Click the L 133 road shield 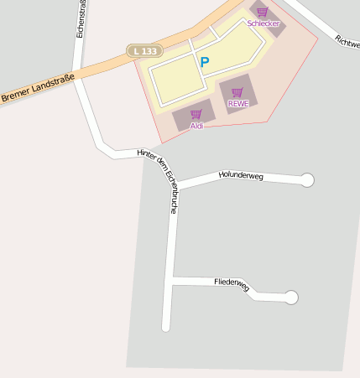click(x=144, y=51)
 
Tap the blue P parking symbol click(x=204, y=61)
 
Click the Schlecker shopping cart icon click(x=262, y=12)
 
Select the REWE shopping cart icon click(x=237, y=92)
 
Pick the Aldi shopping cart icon click(x=196, y=114)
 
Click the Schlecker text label click(x=263, y=23)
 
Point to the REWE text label click(x=238, y=104)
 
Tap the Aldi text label click(x=196, y=126)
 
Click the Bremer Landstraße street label click(x=38, y=89)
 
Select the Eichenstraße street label click(x=81, y=18)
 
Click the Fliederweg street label click(x=232, y=283)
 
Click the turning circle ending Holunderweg click(x=307, y=179)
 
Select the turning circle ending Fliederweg click(x=291, y=297)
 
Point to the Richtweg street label click(x=347, y=39)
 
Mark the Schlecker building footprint click(x=269, y=18)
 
